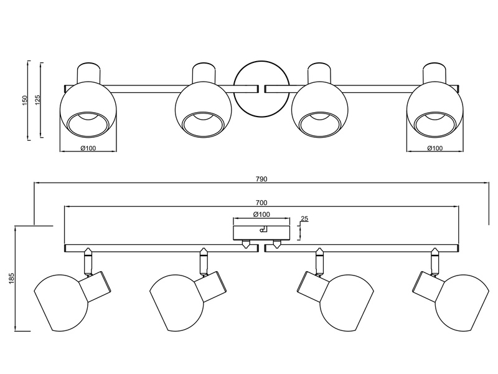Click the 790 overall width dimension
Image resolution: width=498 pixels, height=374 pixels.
click(x=261, y=179)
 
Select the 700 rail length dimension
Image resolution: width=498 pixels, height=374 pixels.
click(x=261, y=203)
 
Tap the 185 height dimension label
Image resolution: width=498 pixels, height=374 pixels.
click(x=12, y=279)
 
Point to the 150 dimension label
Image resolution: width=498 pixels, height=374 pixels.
click(x=26, y=100)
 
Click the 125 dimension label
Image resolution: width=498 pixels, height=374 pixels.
click(x=38, y=100)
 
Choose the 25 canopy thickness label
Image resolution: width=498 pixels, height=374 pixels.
click(x=304, y=219)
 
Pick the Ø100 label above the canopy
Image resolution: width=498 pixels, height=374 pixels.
click(x=261, y=214)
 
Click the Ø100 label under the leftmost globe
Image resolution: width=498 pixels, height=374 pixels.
click(x=88, y=148)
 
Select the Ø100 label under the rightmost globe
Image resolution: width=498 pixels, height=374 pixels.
click(x=435, y=148)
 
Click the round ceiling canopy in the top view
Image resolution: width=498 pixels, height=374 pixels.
click(x=261, y=89)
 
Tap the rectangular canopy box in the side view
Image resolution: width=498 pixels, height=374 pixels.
click(x=261, y=233)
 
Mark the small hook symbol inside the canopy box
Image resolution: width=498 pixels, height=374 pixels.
click(x=263, y=229)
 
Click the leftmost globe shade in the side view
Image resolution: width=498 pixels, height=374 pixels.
click(x=61, y=303)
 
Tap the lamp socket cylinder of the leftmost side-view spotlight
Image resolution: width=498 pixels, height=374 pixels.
click(x=95, y=287)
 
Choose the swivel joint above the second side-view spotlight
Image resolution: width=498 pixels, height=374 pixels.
click(x=204, y=262)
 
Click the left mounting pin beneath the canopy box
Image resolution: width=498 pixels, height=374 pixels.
click(x=246, y=244)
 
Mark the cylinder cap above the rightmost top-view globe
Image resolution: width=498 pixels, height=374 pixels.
click(x=434, y=73)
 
